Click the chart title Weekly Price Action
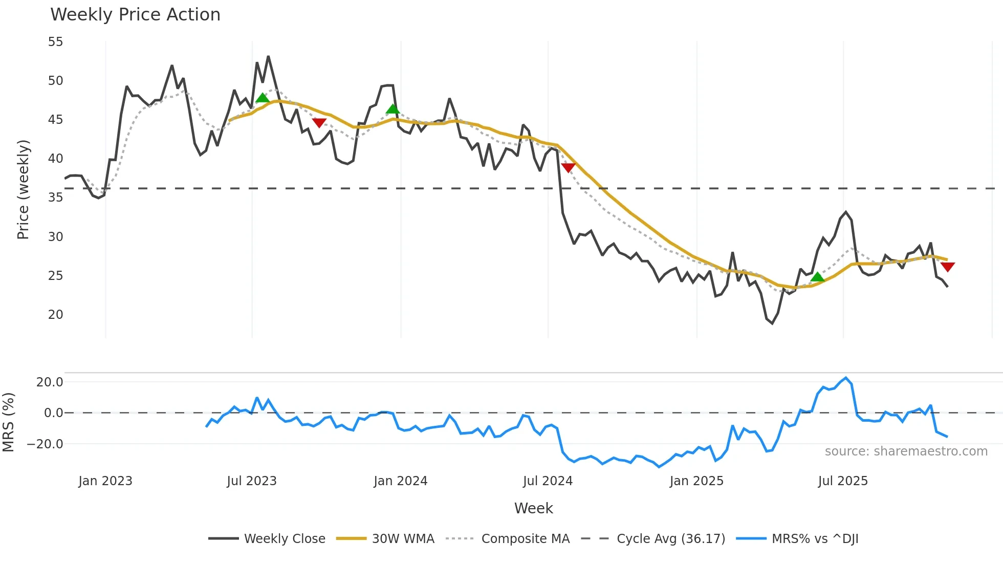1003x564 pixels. pyautogui.click(x=135, y=15)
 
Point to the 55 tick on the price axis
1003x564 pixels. pyautogui.click(x=56, y=42)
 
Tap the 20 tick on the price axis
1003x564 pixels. pyautogui.click(x=56, y=315)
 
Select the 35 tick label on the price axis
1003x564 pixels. pyautogui.click(x=56, y=198)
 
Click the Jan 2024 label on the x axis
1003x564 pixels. pyautogui.click(x=400, y=481)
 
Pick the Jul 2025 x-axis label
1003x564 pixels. pyautogui.click(x=843, y=481)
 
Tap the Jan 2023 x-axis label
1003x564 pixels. pyautogui.click(x=105, y=481)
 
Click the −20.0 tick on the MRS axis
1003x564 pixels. pyautogui.click(x=45, y=444)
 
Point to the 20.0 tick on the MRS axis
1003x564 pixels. pyautogui.click(x=50, y=382)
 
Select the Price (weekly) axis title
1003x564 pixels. pyautogui.click(x=24, y=189)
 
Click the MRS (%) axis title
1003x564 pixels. pyautogui.click(x=8, y=422)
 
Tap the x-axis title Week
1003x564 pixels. pyautogui.click(x=533, y=508)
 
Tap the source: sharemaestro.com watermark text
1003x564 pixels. pyautogui.click(x=906, y=451)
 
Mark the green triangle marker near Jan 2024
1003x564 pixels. pyautogui.click(x=393, y=109)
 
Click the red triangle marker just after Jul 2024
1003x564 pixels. pyautogui.click(x=568, y=167)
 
